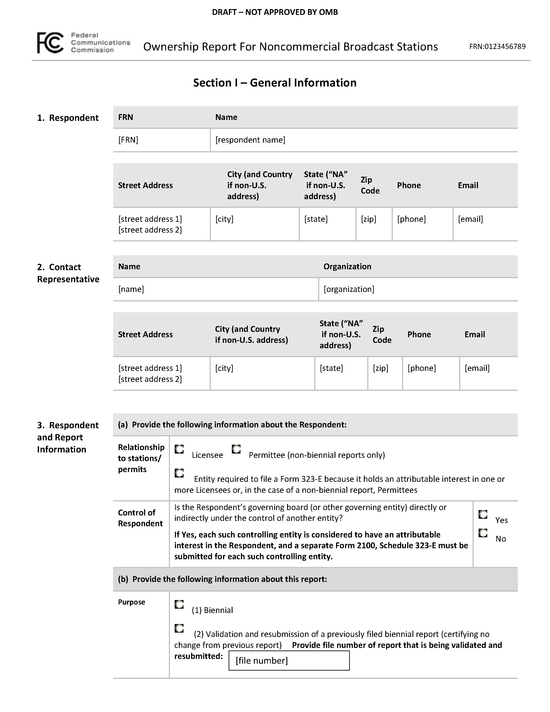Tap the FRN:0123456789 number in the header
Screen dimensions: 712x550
497,47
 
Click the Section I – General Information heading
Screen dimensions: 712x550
275,83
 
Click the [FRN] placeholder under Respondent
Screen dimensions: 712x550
128,140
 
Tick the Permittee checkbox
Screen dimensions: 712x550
236,449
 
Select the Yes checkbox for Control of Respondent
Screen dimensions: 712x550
483,514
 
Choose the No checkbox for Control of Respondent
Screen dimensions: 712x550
483,533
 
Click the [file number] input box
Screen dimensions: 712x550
289,660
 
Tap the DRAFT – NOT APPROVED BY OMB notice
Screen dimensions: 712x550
275,12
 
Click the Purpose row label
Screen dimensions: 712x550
131,602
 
